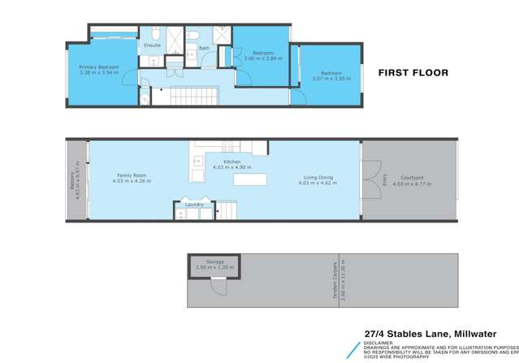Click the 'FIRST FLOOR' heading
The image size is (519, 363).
point(414,72)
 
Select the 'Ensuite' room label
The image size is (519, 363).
point(153,45)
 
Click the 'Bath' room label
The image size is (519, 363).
point(205,48)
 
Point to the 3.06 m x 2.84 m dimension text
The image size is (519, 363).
point(262,59)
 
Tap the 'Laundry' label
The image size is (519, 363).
point(194,205)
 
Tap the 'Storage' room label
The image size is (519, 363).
point(214,262)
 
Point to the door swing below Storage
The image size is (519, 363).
point(215,285)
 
